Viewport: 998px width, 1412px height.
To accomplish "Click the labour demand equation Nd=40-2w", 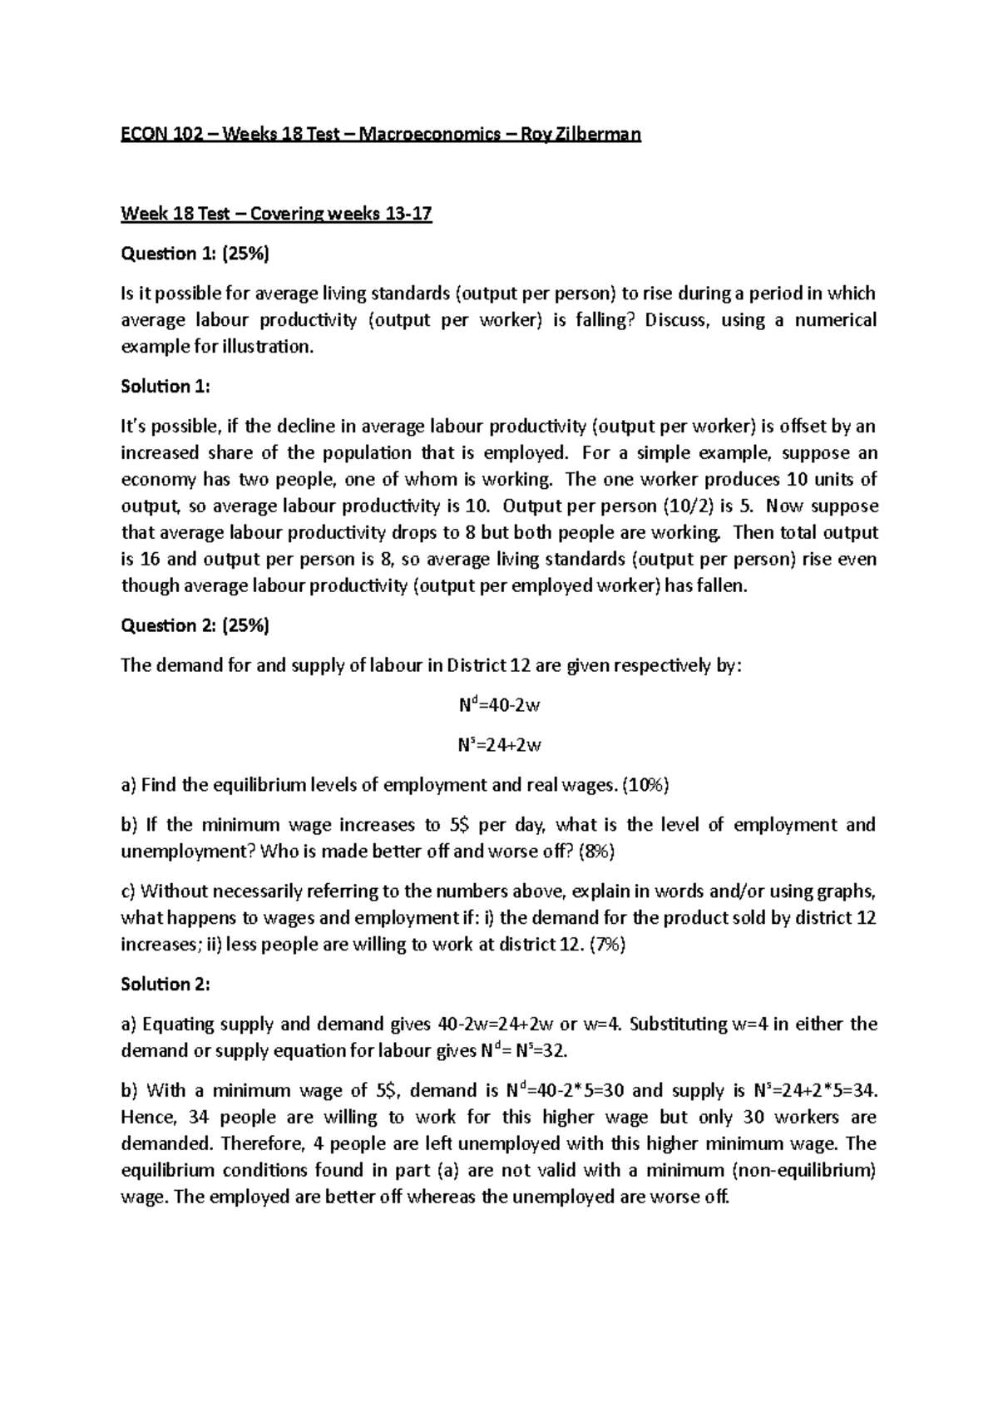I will [499, 706].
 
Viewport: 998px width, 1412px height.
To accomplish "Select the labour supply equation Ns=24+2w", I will [499, 745].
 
